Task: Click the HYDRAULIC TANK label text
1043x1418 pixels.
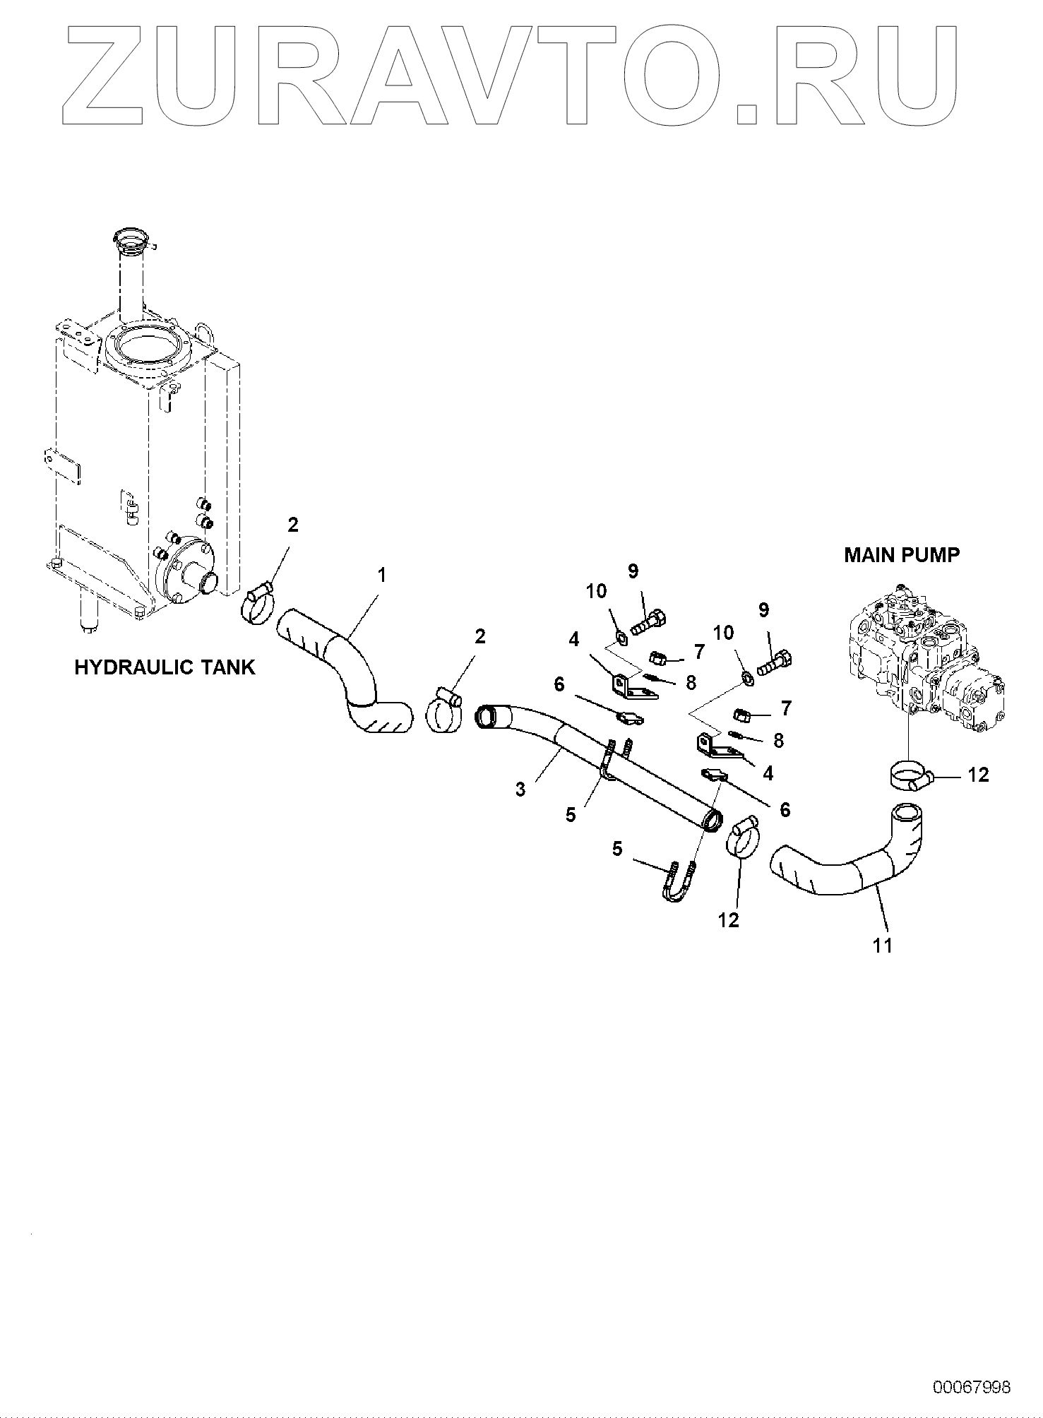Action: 165,667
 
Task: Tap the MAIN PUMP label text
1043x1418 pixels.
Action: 902,555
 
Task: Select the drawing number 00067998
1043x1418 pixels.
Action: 972,1387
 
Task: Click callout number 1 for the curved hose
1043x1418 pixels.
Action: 381,576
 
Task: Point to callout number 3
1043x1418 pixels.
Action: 520,789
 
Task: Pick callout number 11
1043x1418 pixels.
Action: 883,945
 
